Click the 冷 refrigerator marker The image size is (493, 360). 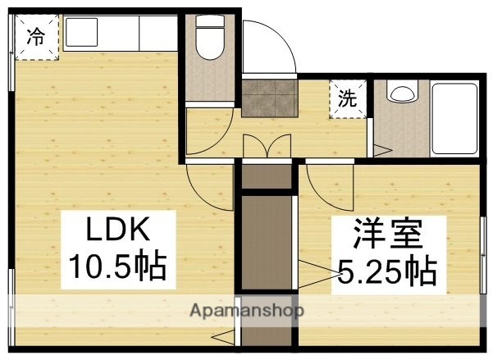[x=36, y=36]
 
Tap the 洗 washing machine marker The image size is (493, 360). [x=349, y=99]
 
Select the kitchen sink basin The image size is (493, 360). [x=83, y=33]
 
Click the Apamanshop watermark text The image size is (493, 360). [x=247, y=311]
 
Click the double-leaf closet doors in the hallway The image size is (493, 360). [x=268, y=147]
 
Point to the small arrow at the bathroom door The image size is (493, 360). [x=381, y=149]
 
